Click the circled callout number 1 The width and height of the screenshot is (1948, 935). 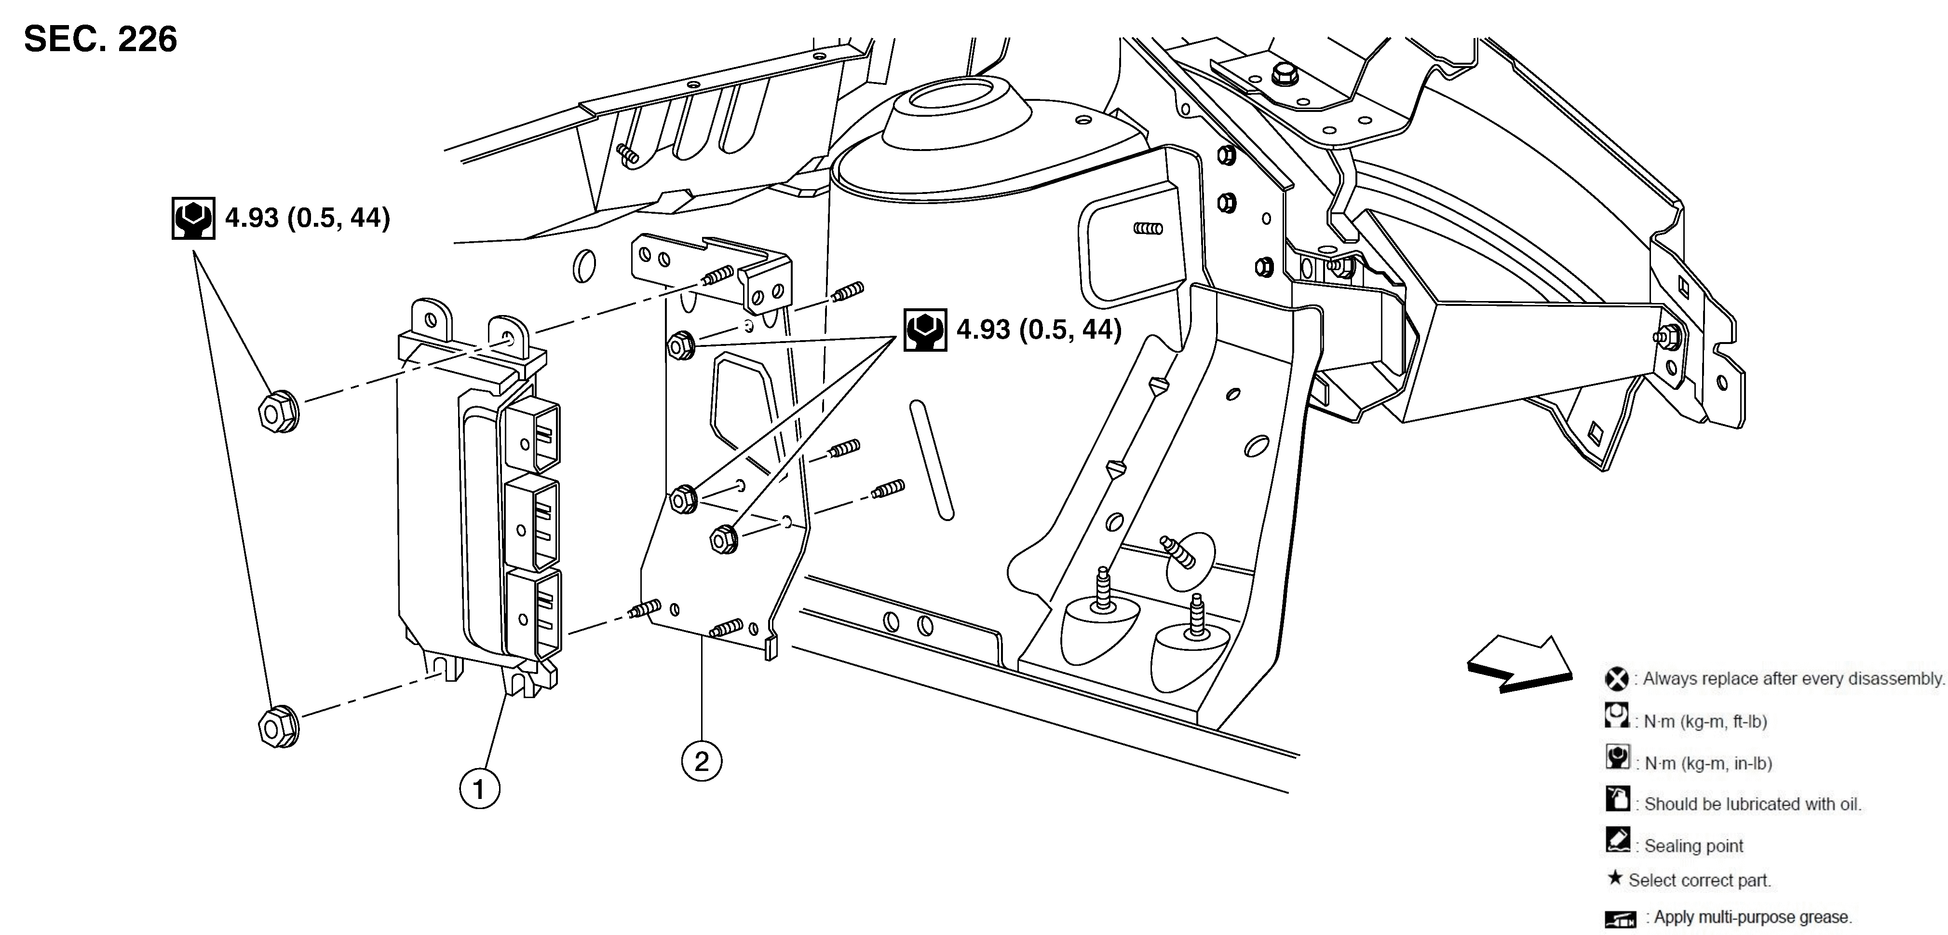pos(479,789)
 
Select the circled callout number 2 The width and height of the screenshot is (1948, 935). pos(701,760)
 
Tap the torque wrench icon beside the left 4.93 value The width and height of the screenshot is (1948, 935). pos(193,219)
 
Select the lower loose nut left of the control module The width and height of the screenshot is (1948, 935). pos(278,727)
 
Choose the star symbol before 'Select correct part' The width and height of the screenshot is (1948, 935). pos(1614,878)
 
